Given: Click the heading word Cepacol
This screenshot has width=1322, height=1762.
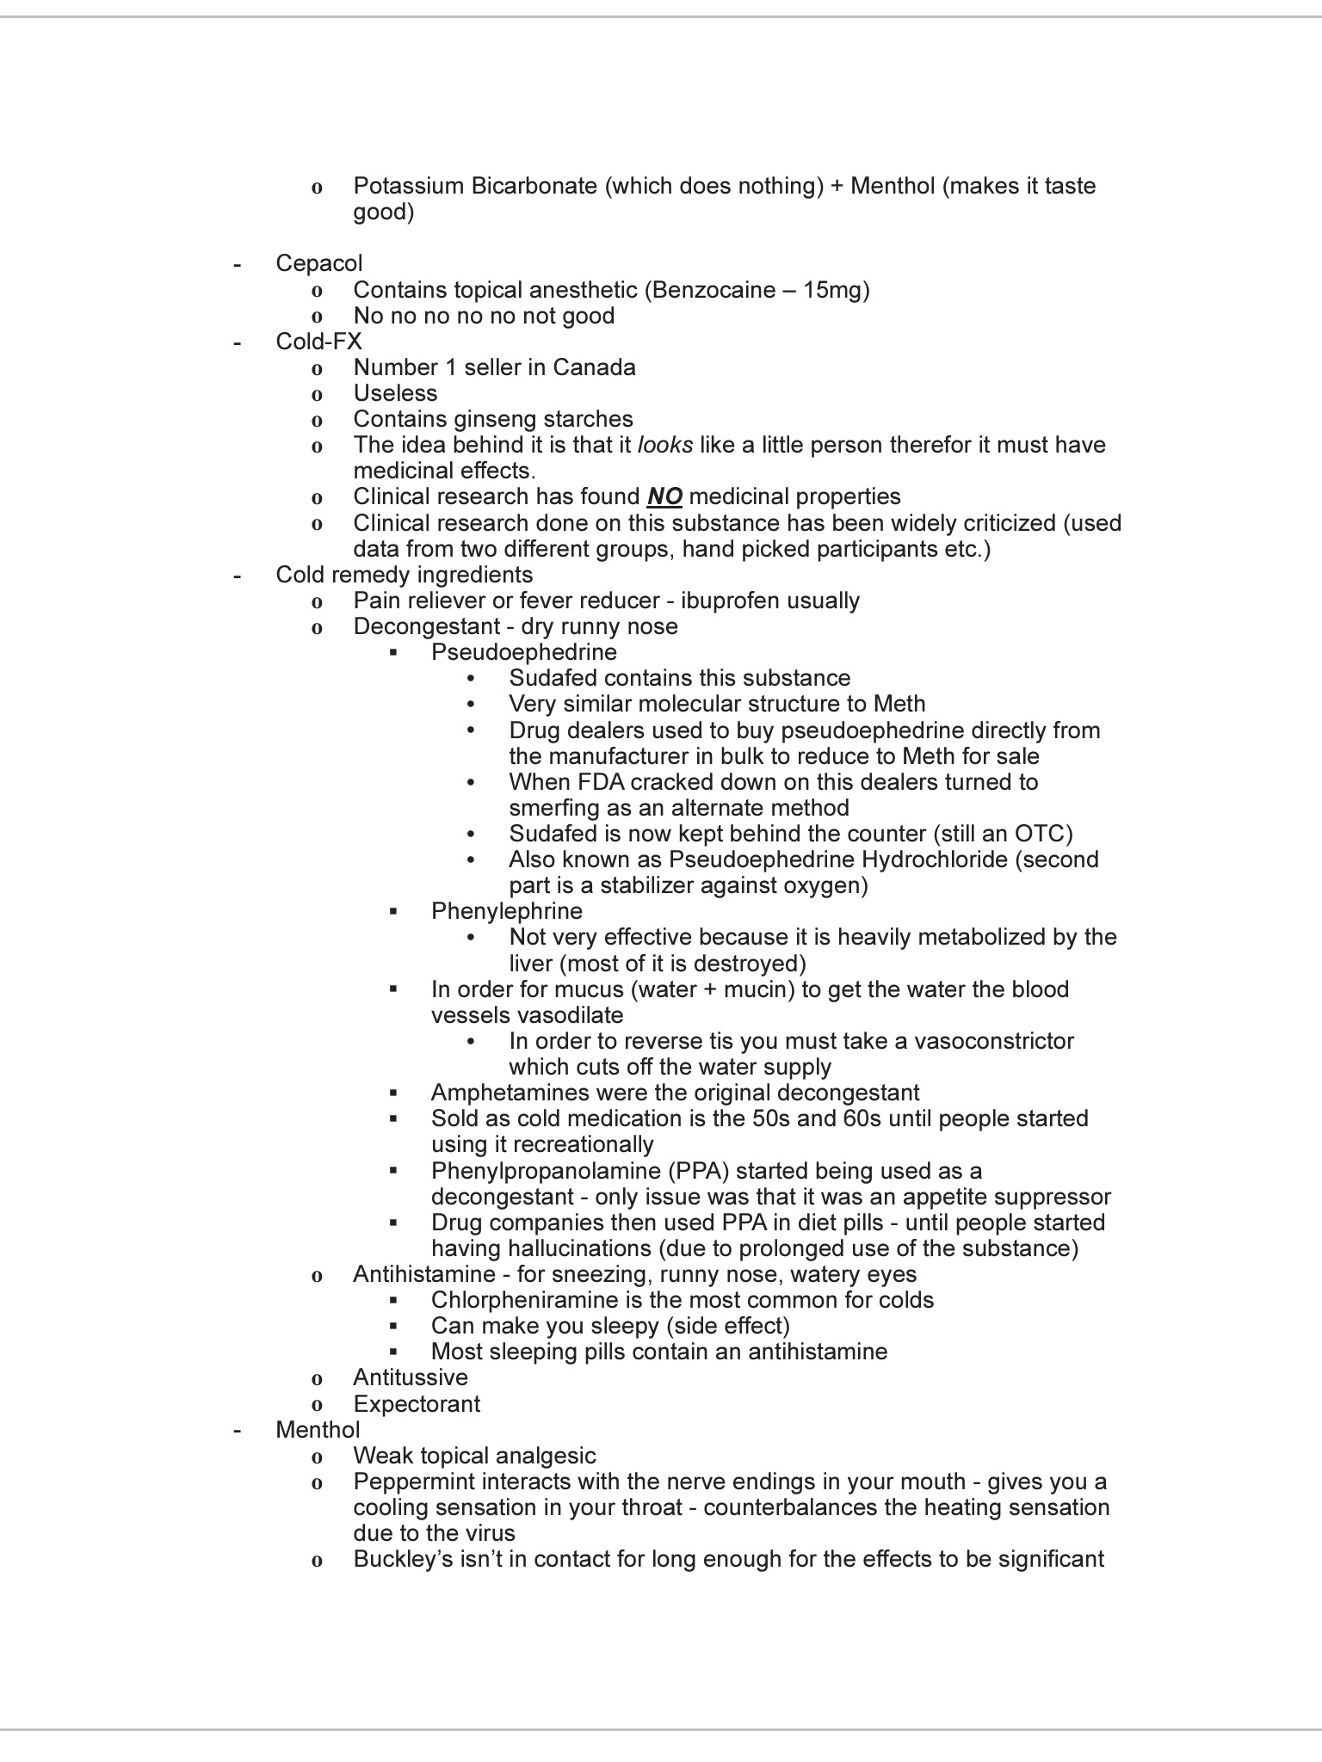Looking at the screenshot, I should pos(318,263).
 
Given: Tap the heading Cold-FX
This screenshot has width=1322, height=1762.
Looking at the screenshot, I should pos(318,342).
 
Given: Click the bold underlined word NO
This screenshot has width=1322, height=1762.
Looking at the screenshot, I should pos(664,496).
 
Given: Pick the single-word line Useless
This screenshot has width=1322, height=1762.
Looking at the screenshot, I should pos(395,393).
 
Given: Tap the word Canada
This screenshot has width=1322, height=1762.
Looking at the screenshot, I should pos(594,367).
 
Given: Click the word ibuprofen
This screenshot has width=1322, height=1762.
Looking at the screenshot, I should pos(725,601).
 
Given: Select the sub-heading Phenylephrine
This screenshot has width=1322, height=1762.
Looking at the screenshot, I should pos(507,911).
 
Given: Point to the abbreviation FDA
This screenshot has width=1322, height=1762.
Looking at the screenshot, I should pos(590,782).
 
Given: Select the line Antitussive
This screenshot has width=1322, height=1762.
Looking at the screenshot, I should pos(411,1377).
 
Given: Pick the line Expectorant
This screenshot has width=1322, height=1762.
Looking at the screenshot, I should pos(417,1404).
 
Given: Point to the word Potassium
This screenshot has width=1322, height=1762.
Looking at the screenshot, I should pos(408,186).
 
